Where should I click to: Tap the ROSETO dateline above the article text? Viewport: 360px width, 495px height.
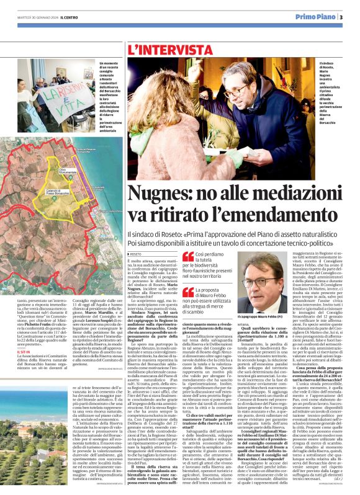pos(136,254)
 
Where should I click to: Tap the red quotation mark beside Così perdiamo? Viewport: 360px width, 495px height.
pos(187,257)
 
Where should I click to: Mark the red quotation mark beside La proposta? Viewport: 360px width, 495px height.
pos(187,292)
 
